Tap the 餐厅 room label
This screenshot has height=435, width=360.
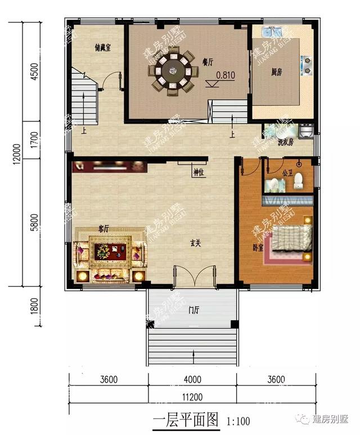pos(207,62)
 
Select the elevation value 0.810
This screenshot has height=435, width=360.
pos(226,74)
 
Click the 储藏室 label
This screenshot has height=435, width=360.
pos(102,48)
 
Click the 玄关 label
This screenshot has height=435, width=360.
pos(195,243)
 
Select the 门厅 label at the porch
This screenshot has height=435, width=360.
pos(194,309)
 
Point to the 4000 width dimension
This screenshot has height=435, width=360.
pos(192,379)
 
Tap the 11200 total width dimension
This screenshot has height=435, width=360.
pos(192,397)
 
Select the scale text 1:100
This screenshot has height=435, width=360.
pos(238,420)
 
